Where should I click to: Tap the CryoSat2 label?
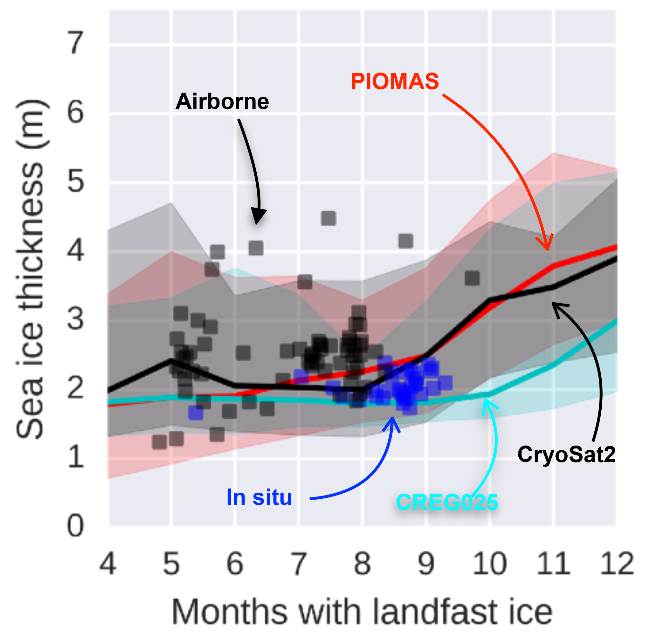pyautogui.click(x=566, y=454)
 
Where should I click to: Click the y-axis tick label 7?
pyautogui.click(x=76, y=43)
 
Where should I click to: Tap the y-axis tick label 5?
pyautogui.click(x=75, y=182)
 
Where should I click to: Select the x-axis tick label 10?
pyautogui.click(x=490, y=564)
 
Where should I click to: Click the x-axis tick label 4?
pyautogui.click(x=108, y=564)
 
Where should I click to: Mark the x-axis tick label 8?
pyautogui.click(x=363, y=564)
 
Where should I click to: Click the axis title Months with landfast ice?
pyautogui.click(x=362, y=612)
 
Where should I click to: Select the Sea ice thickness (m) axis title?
pyautogui.click(x=31, y=269)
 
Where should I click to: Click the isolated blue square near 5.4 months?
pyautogui.click(x=196, y=412)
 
